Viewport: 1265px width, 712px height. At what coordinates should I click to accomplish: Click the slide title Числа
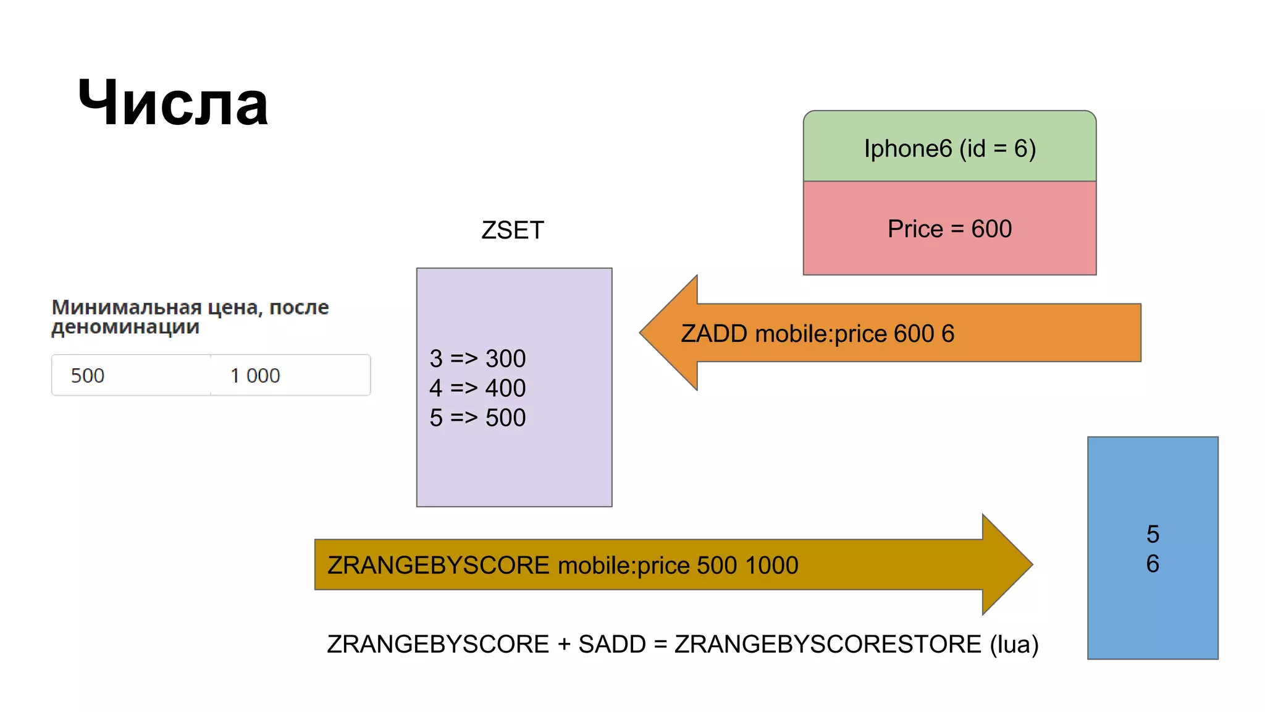click(173, 103)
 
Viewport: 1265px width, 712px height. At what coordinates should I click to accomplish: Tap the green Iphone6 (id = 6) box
click(949, 148)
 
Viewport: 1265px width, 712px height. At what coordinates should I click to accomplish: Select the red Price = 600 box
click(949, 229)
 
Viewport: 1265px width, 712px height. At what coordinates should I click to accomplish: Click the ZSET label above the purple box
click(512, 230)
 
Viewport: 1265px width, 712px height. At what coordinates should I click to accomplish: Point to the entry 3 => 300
click(477, 358)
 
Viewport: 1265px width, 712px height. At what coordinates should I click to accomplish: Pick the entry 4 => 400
click(477, 388)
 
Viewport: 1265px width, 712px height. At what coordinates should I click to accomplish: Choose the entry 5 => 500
click(477, 418)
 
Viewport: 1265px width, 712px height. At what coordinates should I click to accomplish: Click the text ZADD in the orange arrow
click(713, 334)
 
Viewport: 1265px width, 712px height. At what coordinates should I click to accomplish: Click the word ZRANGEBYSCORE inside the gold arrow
click(438, 566)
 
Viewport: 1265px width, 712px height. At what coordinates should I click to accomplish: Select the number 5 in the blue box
click(1153, 534)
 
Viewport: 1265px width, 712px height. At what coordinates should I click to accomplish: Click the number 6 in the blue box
click(1153, 564)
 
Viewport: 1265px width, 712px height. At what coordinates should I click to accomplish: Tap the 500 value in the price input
click(88, 375)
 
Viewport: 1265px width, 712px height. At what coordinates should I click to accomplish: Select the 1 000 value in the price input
click(255, 375)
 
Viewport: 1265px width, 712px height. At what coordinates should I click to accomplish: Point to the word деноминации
click(125, 327)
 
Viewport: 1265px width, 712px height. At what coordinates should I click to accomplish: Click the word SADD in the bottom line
click(611, 645)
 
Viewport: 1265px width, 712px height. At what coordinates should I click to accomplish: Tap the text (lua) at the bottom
click(1014, 645)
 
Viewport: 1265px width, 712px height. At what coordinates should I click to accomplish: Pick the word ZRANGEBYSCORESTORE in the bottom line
click(828, 645)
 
